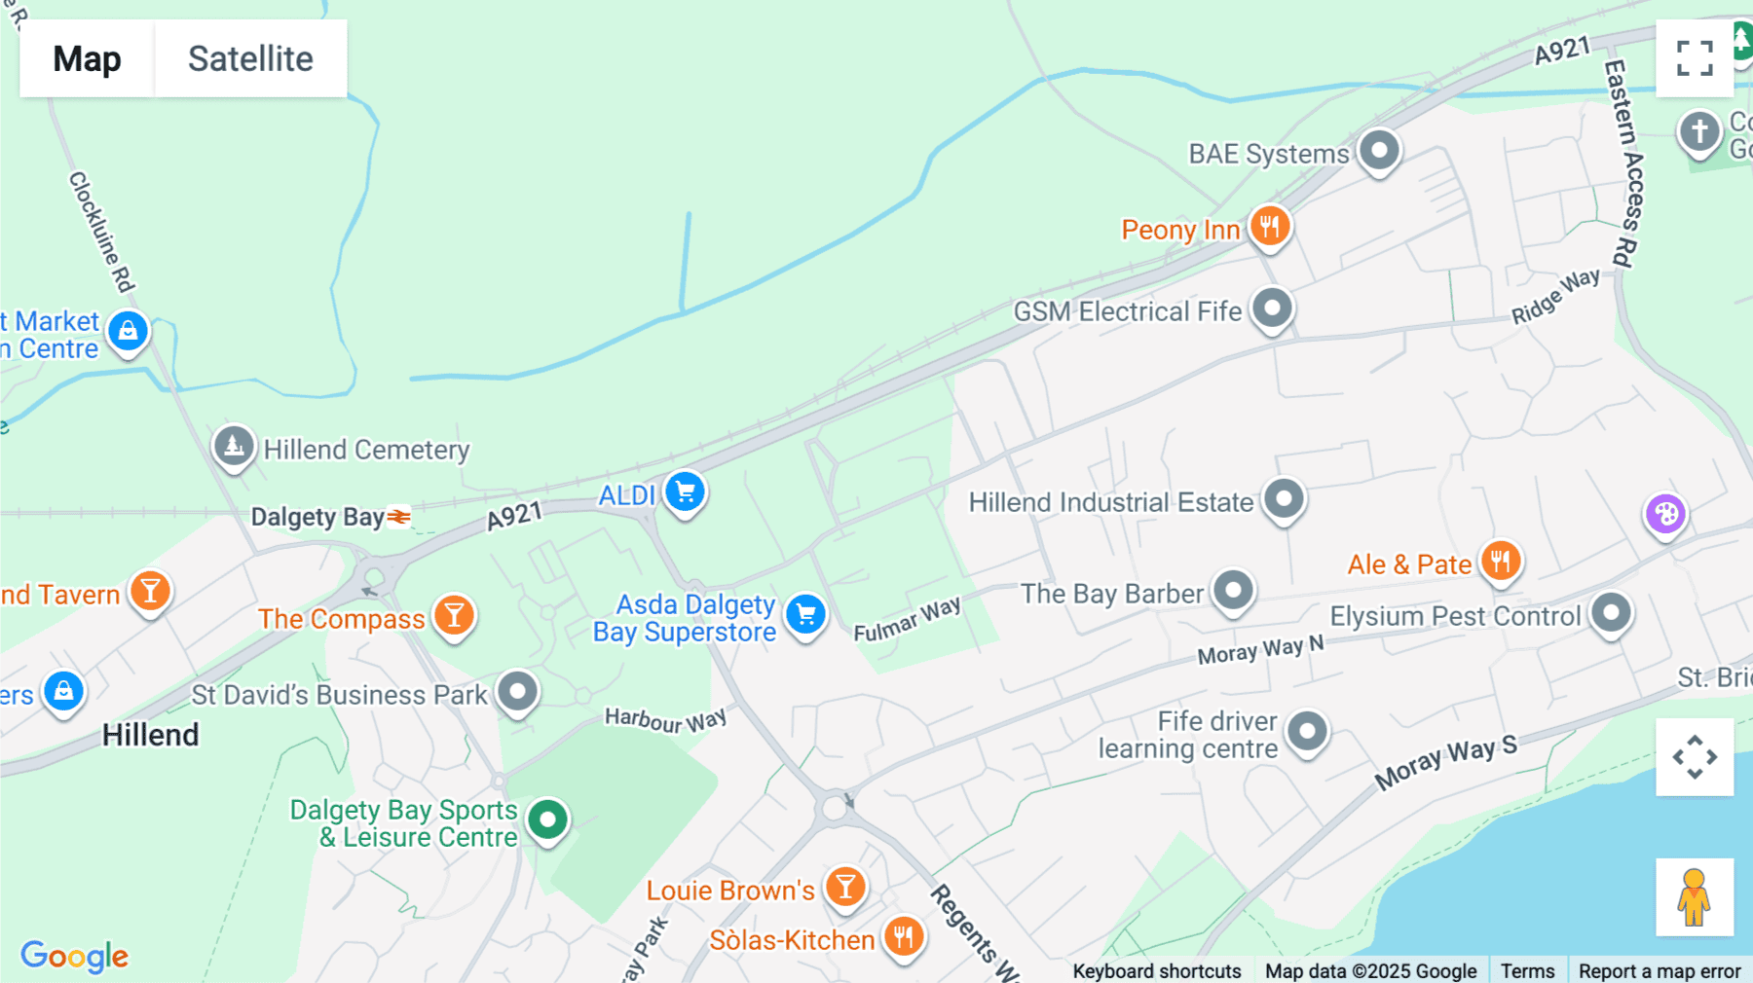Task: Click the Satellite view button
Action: pos(250,58)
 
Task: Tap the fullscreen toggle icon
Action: pos(1695,58)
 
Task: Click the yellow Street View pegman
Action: pos(1695,897)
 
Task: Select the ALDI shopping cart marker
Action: pos(686,491)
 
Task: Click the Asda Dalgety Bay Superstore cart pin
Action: pos(805,614)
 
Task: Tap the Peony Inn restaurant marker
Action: pos(1269,227)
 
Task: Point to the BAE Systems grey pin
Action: pos(1379,151)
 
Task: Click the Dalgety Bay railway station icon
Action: pos(399,517)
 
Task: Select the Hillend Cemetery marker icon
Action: pos(234,447)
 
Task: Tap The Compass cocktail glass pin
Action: pos(454,615)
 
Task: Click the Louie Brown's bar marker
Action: pos(845,887)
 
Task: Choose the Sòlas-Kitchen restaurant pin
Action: pos(904,936)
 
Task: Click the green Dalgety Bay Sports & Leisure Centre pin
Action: pos(547,819)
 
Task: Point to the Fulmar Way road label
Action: pos(907,619)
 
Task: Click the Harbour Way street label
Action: pos(665,720)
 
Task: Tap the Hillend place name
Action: pos(150,735)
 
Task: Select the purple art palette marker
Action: pos(1665,514)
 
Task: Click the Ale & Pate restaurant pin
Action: pos(1501,562)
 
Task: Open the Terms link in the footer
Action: pos(1527,970)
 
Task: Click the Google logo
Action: pos(74,956)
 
